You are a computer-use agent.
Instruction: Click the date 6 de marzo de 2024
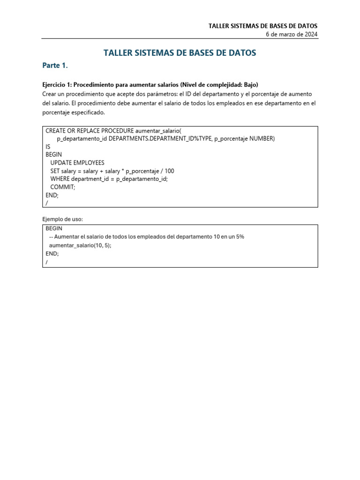[292, 34]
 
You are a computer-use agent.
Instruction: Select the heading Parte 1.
[55, 66]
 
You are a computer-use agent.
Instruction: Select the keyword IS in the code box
[48, 146]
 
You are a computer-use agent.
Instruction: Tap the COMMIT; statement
[62, 187]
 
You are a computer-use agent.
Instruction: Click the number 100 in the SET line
[169, 171]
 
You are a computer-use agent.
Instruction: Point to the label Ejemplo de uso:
[62, 219]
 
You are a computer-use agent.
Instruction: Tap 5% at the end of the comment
[240, 237]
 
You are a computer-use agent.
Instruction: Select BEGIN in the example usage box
[54, 228]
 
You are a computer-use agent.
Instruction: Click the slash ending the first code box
[47, 203]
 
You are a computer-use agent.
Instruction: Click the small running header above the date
[263, 26]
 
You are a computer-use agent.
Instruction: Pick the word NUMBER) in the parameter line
[262, 138]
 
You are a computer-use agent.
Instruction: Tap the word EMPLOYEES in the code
[89, 163]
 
